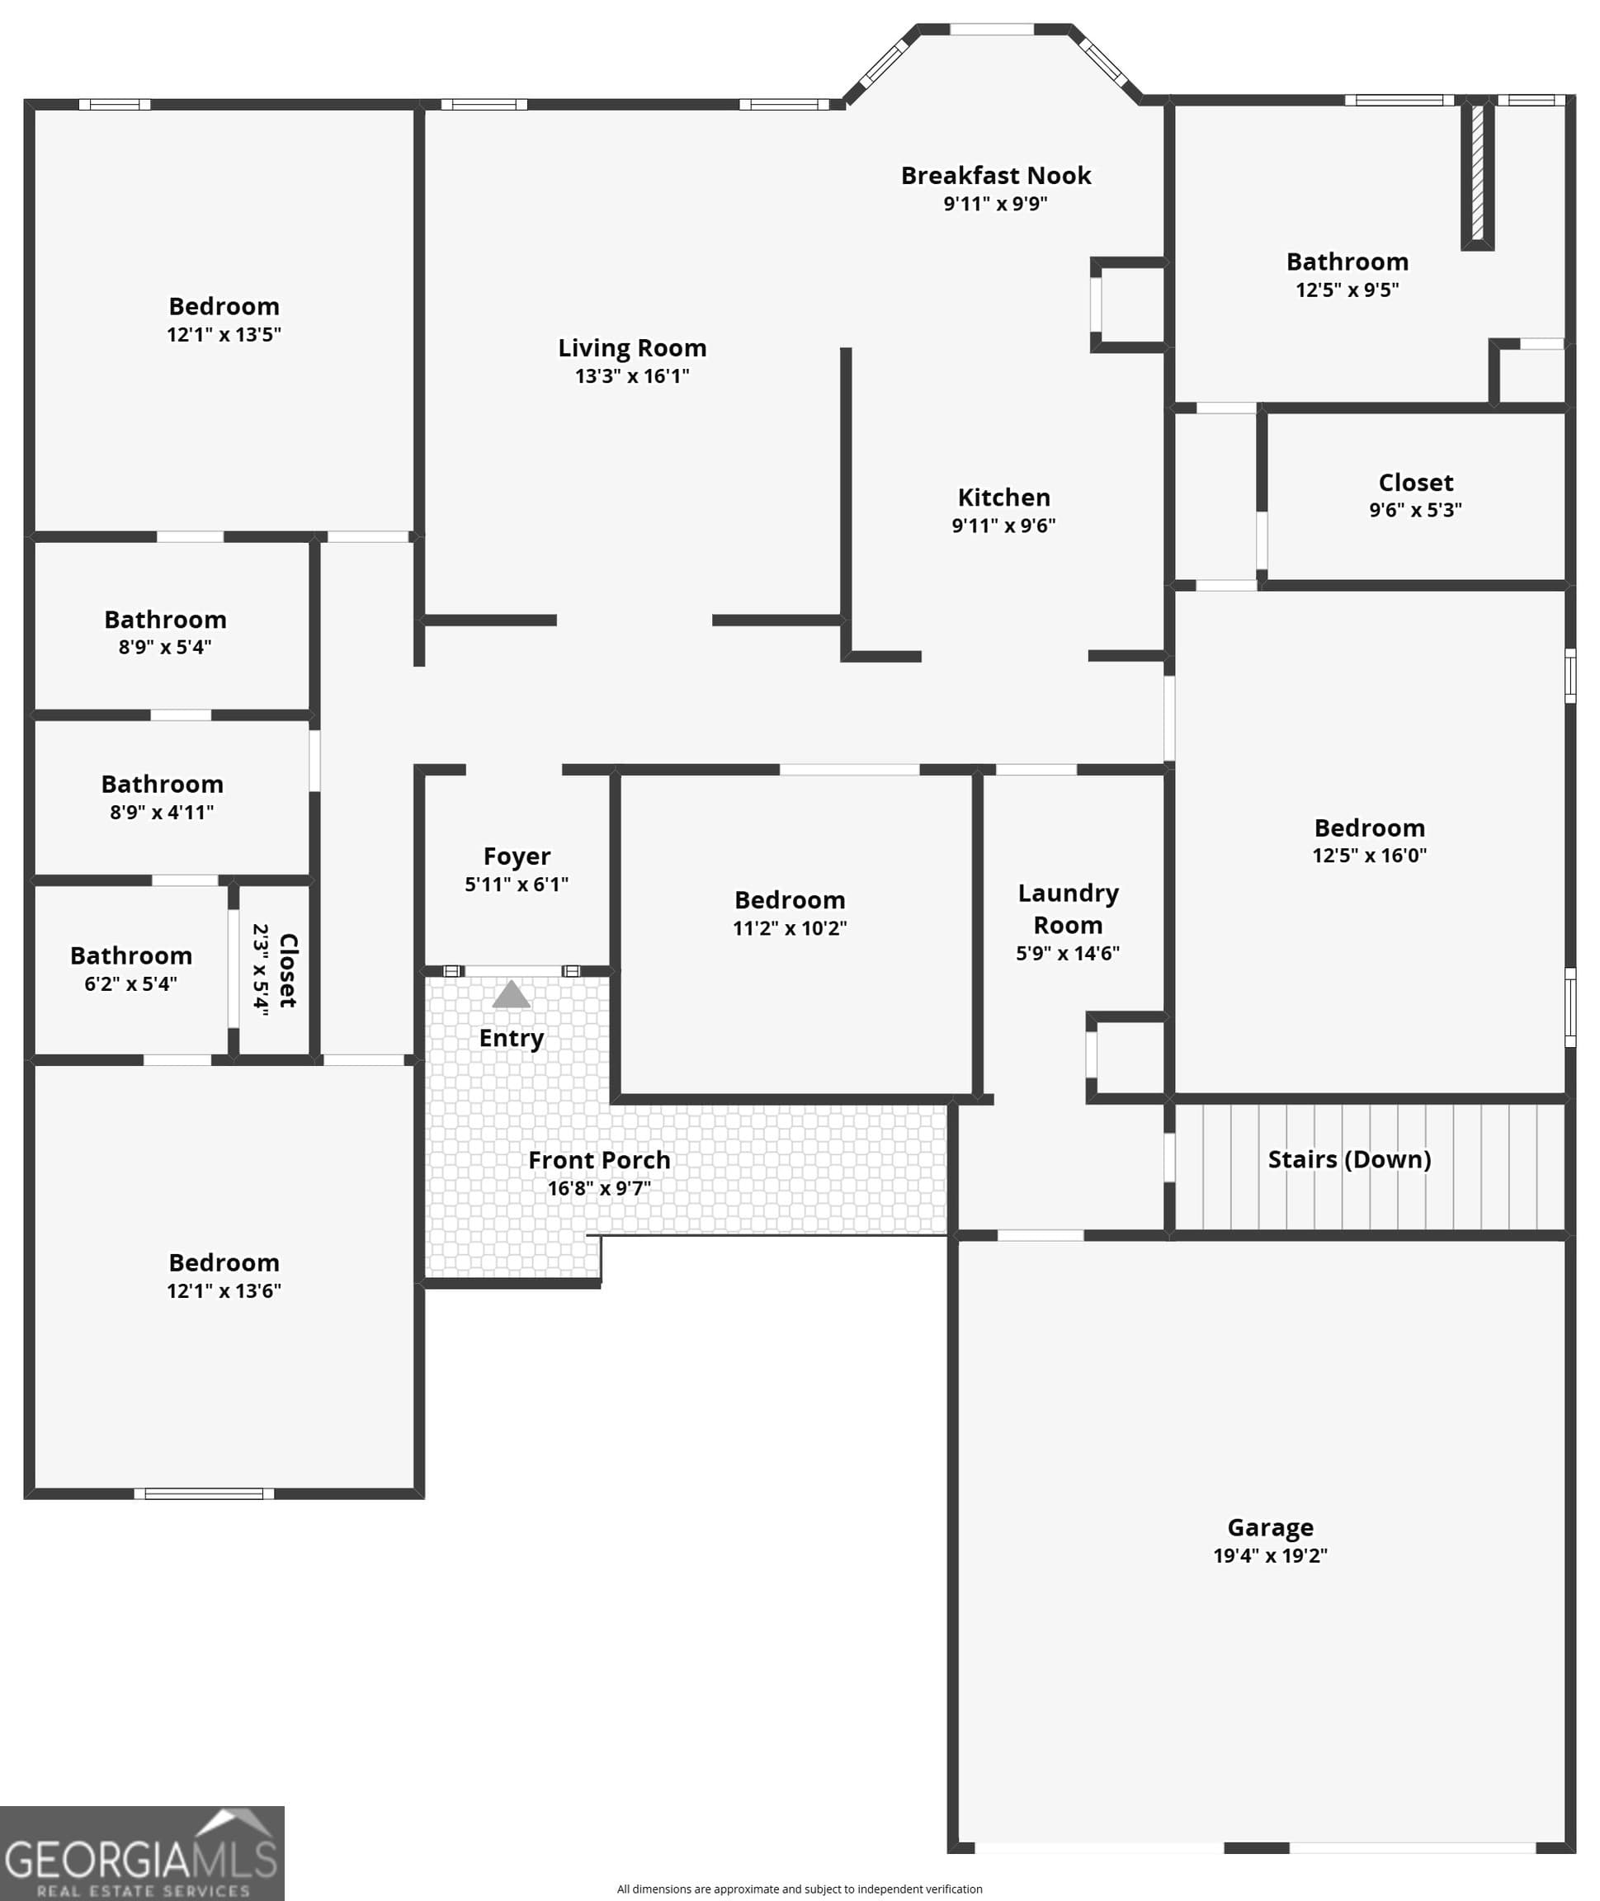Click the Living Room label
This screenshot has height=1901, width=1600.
(x=632, y=348)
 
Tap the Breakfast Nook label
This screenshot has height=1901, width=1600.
(x=996, y=176)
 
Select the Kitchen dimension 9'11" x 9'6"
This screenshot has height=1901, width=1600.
(x=1003, y=525)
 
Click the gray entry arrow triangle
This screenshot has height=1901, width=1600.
(x=511, y=994)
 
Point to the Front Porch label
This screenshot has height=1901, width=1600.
(x=600, y=1160)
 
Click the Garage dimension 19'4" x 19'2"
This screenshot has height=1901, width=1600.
(x=1270, y=1555)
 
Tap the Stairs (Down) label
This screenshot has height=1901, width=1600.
(x=1350, y=1159)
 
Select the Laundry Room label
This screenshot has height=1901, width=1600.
(x=1069, y=908)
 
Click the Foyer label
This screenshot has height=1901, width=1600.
(x=517, y=857)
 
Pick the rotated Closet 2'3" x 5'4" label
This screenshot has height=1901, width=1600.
(x=275, y=969)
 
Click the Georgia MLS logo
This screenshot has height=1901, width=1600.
(x=143, y=1853)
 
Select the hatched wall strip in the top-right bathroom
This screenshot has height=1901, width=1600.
(x=1477, y=173)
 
